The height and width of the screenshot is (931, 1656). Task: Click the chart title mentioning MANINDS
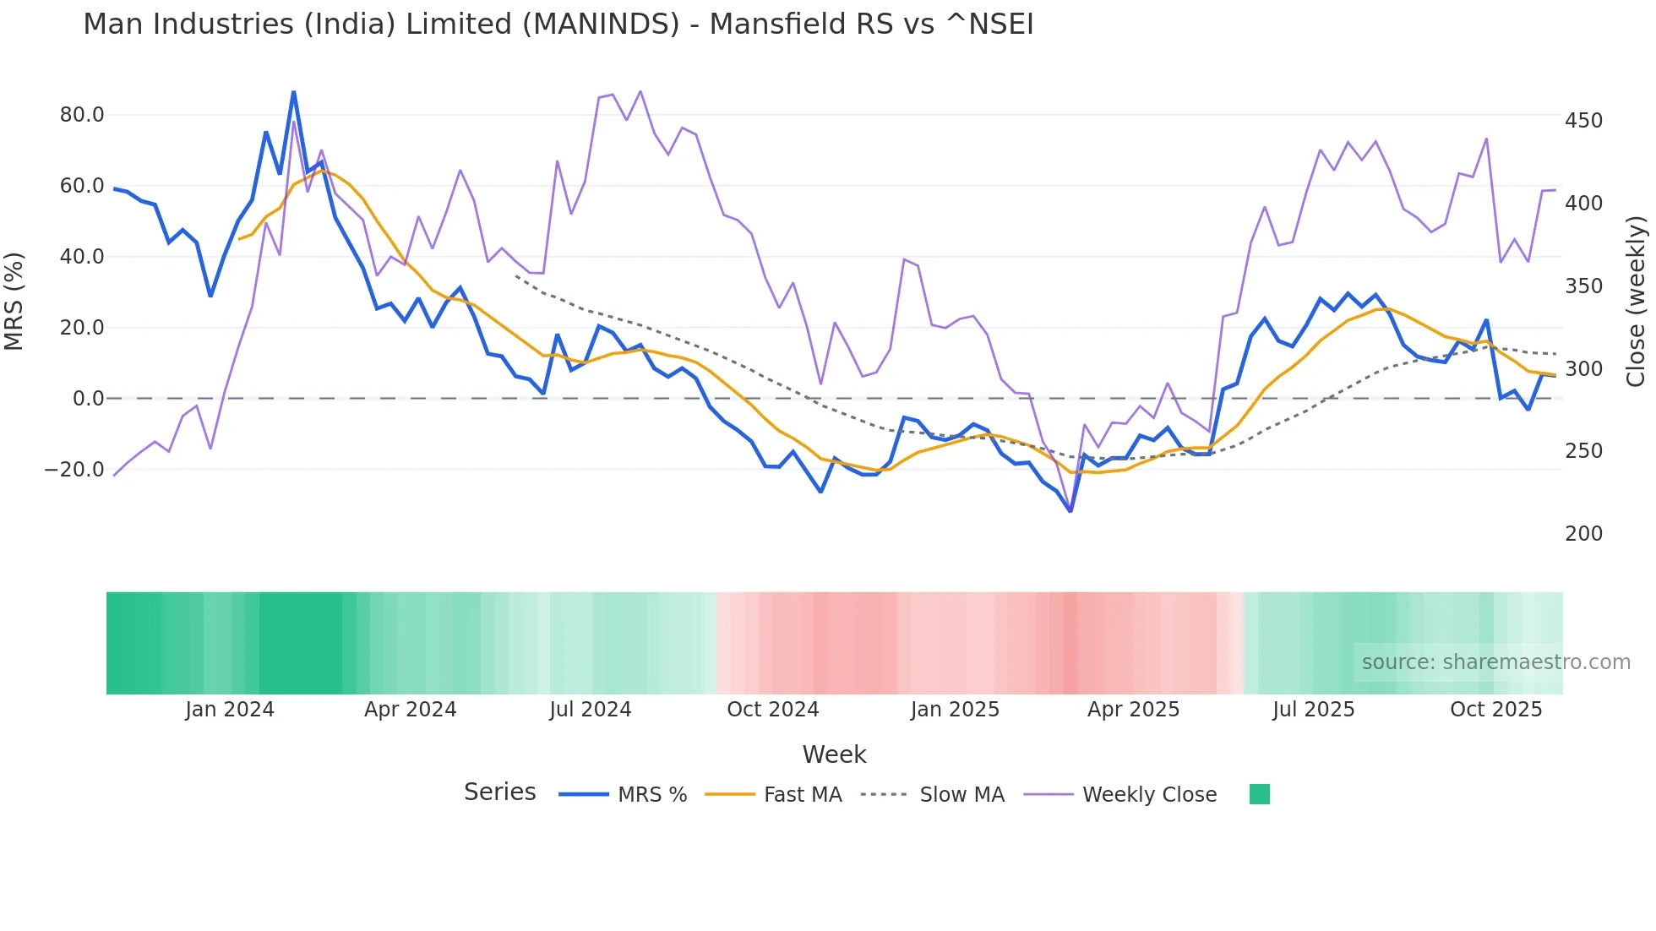coord(558,24)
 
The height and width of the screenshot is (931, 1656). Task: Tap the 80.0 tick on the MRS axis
coord(82,115)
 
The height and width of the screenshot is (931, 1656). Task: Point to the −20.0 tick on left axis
coord(75,470)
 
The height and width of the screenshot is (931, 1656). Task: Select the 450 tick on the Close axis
coord(1583,121)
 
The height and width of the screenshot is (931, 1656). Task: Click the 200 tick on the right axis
coord(1583,534)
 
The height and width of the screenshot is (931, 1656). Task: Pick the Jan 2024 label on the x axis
coord(230,710)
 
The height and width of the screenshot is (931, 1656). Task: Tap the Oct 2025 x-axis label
coord(1495,710)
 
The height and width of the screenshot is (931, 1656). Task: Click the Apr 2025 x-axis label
coord(1133,710)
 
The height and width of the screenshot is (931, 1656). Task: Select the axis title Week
coord(834,754)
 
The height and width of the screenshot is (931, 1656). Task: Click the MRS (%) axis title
coord(14,301)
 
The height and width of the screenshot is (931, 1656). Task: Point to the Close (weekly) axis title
coord(1636,301)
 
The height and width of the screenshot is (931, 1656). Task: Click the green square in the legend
coord(1259,794)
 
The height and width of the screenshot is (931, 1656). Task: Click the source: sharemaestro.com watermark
coord(1495,662)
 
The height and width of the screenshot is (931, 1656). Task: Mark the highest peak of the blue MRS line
coord(293,91)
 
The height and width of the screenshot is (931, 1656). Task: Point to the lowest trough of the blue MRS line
coord(1070,511)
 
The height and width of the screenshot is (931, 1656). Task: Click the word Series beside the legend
coord(499,792)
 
